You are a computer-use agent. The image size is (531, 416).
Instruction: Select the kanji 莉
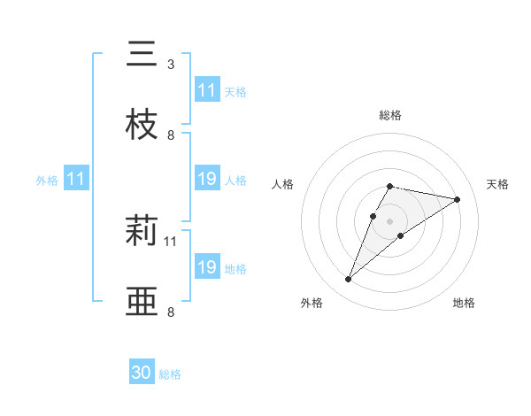[x=142, y=232]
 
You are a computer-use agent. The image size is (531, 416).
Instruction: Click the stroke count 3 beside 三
[x=170, y=65]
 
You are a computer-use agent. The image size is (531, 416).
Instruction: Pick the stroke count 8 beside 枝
[x=170, y=135]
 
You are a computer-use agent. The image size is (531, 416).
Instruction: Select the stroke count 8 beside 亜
[x=170, y=312]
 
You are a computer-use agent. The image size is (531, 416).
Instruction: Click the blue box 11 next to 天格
[x=207, y=90]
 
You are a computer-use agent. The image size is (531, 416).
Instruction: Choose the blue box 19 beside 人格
[x=207, y=179]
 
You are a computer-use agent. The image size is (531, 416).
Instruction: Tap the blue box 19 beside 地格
[x=207, y=266]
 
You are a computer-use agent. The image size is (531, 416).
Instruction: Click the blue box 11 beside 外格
[x=76, y=179]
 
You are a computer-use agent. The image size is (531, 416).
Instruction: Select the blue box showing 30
[x=142, y=373]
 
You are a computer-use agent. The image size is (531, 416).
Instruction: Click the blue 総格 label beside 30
[x=171, y=374]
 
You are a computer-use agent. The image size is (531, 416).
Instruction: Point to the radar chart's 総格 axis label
[x=390, y=115]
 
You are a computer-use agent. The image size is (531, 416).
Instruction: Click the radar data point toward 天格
[x=458, y=199]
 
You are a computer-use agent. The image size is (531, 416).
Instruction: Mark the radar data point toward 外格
[x=348, y=280]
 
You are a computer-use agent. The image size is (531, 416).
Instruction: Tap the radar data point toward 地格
[x=401, y=235]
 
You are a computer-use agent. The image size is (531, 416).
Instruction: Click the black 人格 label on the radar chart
[x=283, y=184]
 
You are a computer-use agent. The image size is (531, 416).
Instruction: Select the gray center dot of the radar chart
[x=389, y=220]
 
